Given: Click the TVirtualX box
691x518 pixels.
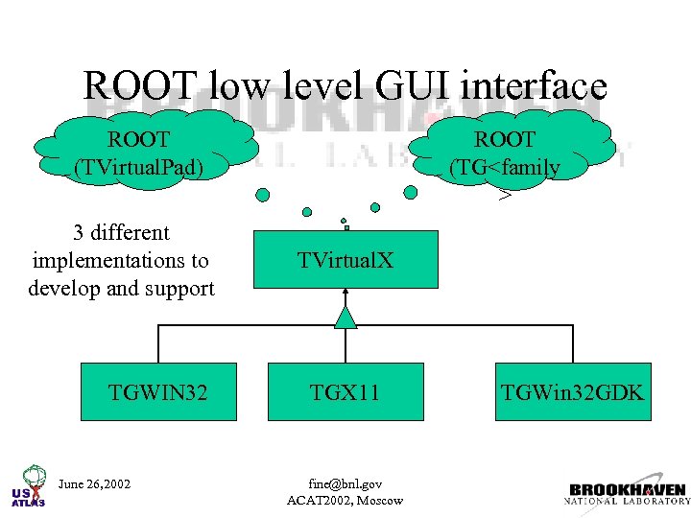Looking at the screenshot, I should click(345, 259).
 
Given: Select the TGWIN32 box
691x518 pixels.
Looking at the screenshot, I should click(158, 391).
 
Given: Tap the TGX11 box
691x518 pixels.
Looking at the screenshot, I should click(345, 391).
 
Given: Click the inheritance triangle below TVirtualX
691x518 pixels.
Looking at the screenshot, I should click(346, 317).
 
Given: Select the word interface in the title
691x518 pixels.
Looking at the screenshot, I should click(534, 85).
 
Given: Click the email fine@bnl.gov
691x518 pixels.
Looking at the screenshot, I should click(345, 483).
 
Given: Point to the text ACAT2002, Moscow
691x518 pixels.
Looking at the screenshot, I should click(345, 500).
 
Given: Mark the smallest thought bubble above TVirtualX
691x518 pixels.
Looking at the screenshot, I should click(345, 228).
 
